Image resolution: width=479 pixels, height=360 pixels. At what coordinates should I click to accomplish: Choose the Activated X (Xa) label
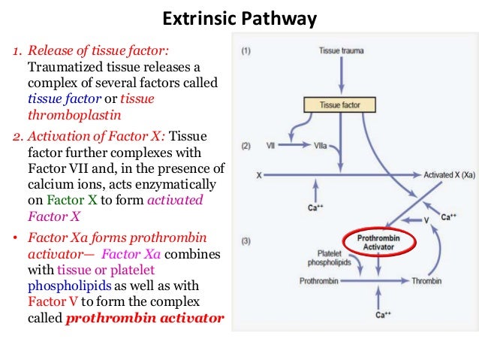(x=449, y=174)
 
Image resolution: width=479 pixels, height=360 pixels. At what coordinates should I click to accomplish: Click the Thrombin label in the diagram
(x=426, y=281)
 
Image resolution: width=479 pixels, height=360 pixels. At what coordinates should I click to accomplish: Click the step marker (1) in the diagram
(x=245, y=52)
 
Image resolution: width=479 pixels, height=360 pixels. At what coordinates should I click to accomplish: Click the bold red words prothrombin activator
(x=145, y=318)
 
